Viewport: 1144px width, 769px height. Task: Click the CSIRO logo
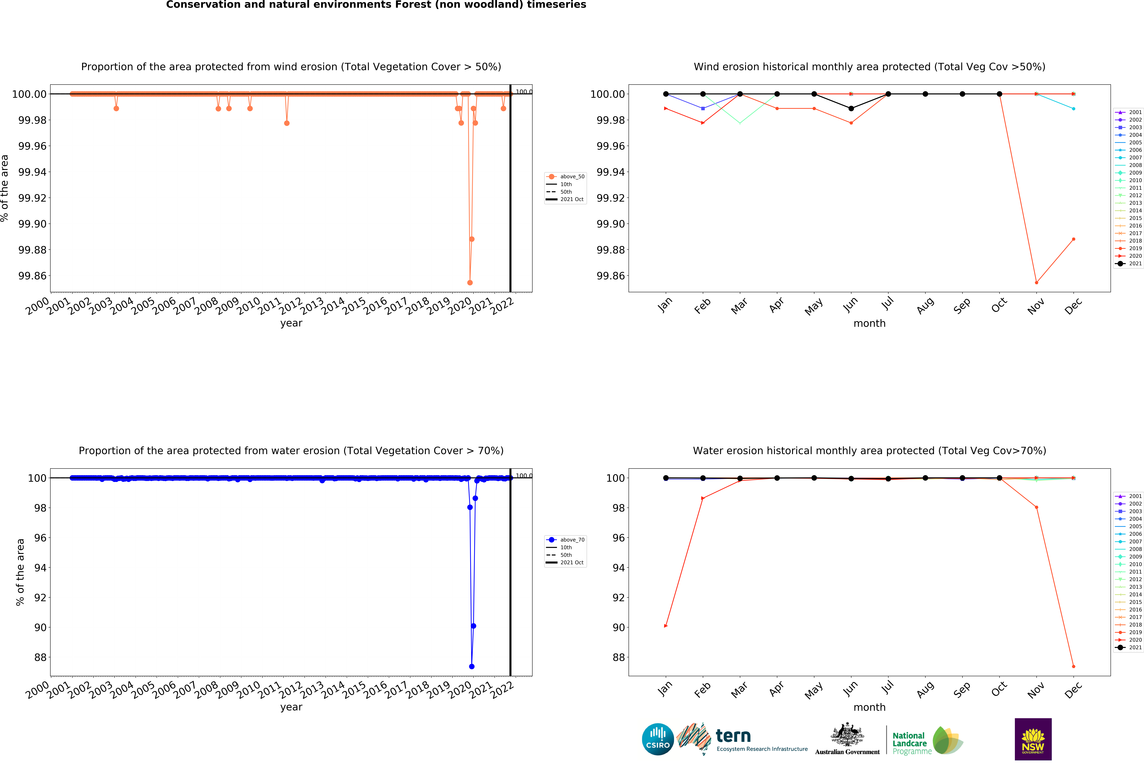point(658,739)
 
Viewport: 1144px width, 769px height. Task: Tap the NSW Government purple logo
point(1033,739)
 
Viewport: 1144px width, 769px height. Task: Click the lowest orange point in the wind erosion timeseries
point(470,282)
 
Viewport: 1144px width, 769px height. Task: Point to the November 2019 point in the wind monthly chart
point(1036,282)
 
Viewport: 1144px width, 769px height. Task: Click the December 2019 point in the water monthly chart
point(1073,666)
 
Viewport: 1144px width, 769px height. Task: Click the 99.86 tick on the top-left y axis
point(32,276)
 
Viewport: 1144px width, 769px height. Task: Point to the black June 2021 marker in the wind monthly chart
point(851,108)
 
